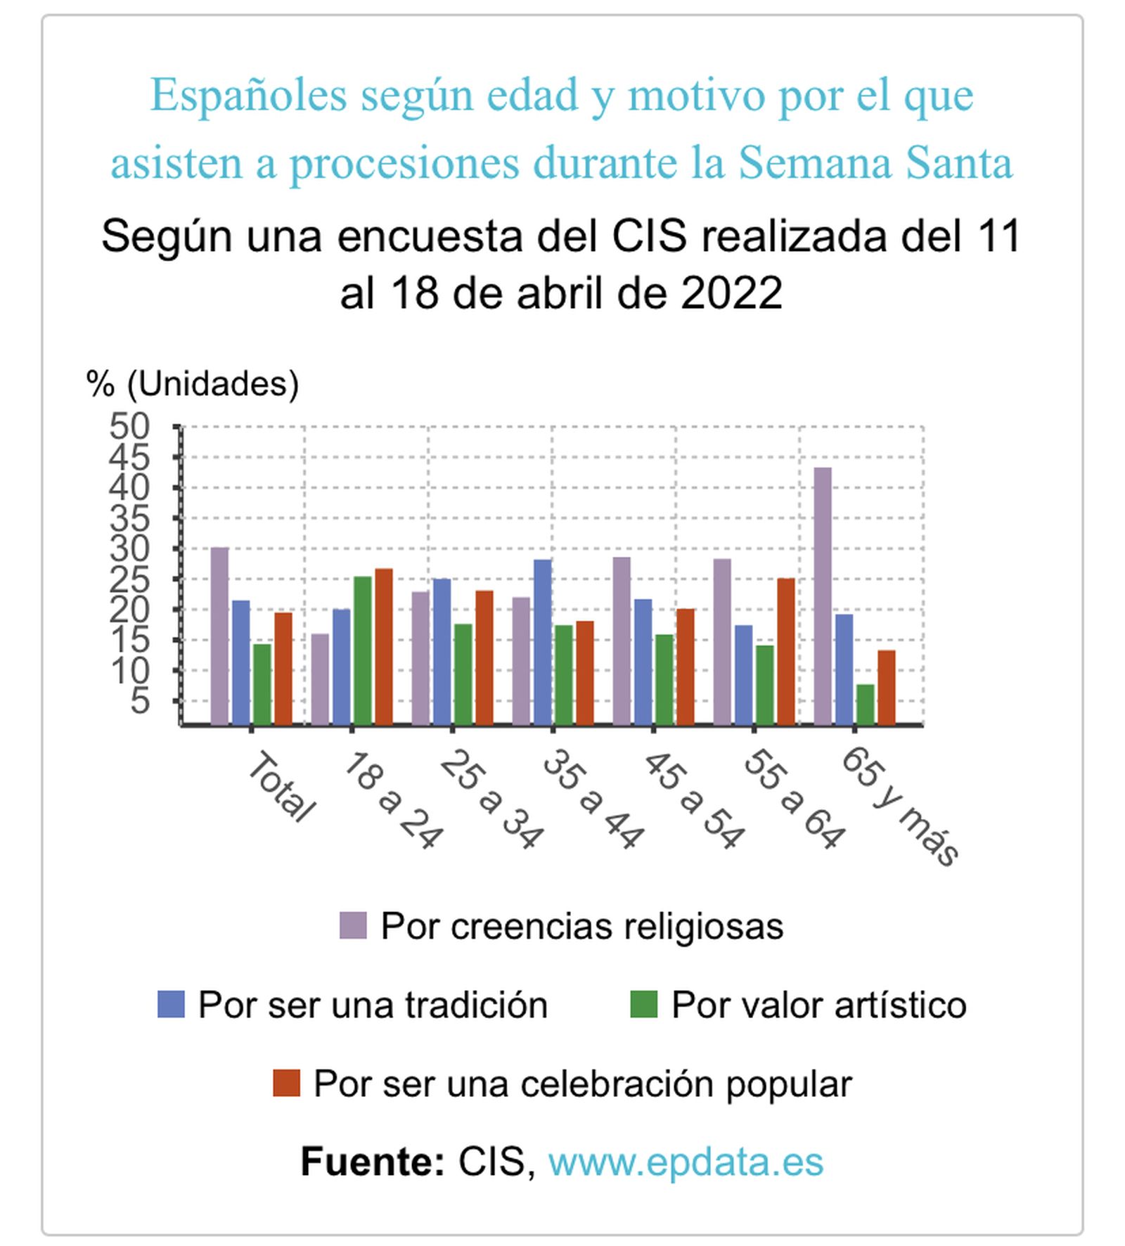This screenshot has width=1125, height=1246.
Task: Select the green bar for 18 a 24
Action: click(x=362, y=650)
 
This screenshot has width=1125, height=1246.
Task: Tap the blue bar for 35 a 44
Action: click(x=542, y=641)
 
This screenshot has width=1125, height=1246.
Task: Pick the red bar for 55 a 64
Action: click(x=785, y=651)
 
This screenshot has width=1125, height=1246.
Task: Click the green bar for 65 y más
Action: click(x=865, y=704)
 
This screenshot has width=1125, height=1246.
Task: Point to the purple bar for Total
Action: click(x=219, y=636)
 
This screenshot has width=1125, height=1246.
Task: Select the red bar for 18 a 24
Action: click(x=383, y=646)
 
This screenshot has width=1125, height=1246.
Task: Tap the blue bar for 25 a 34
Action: click(x=442, y=651)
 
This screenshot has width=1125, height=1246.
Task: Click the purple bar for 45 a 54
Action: click(x=622, y=641)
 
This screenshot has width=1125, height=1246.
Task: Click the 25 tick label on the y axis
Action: click(x=130, y=579)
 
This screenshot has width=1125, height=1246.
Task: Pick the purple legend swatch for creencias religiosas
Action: click(x=353, y=925)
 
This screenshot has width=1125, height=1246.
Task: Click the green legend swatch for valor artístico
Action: click(x=643, y=1004)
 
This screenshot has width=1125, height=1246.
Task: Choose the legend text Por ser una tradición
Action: click(x=373, y=1004)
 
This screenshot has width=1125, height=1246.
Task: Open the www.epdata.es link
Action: click(x=685, y=1161)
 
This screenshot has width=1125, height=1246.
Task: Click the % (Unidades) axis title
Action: click(x=193, y=384)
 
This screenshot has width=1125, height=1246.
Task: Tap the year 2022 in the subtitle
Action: click(x=731, y=293)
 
